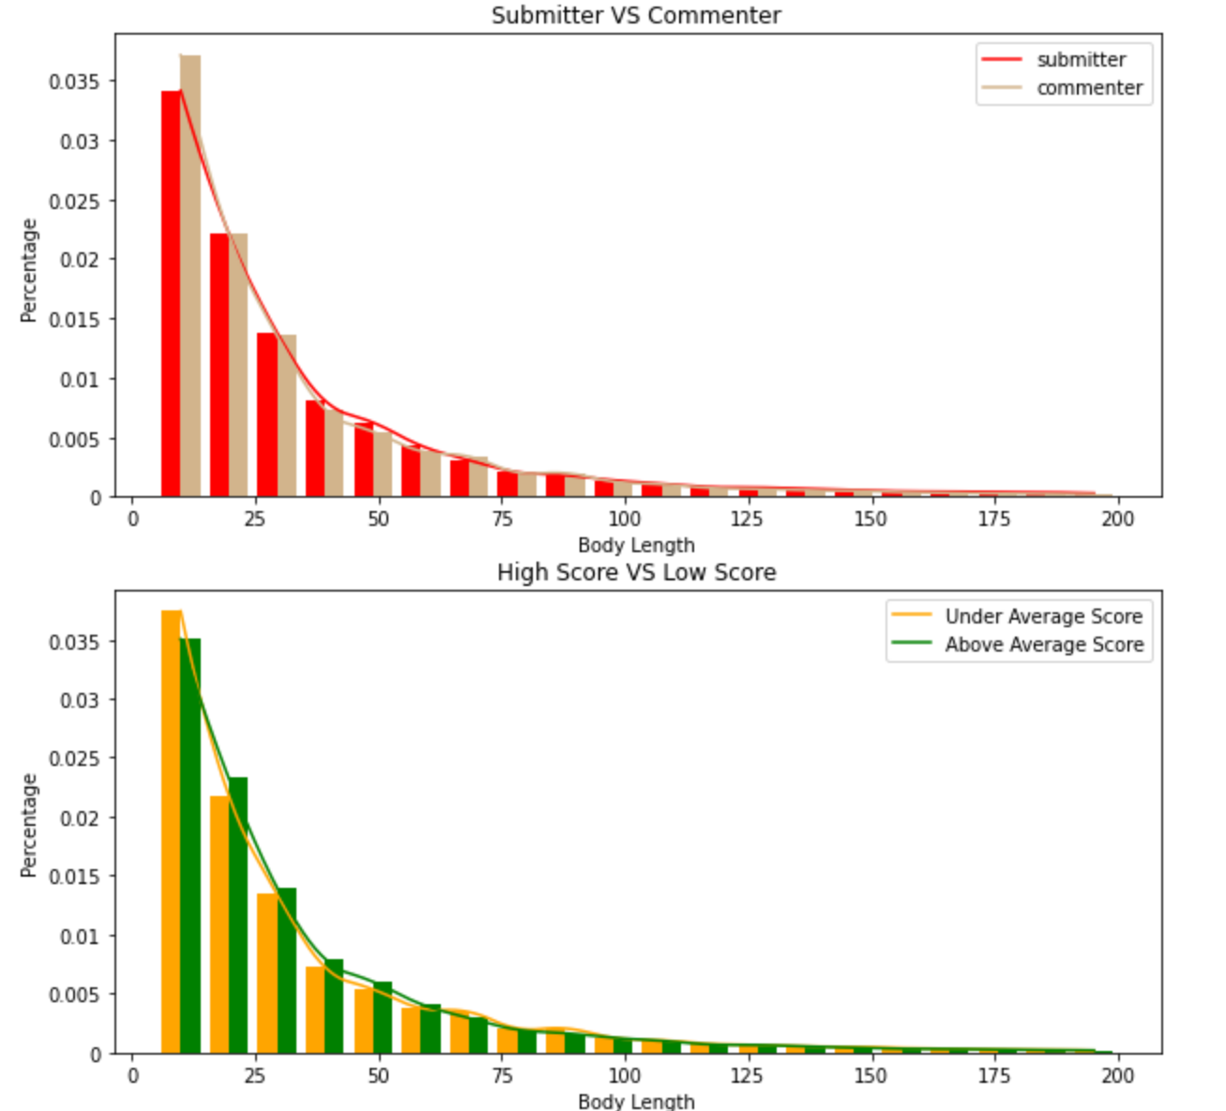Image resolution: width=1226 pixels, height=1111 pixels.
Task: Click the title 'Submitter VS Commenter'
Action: pos(636,15)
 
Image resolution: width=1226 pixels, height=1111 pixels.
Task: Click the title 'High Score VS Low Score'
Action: pos(636,572)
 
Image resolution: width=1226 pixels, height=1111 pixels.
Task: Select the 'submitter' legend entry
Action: pos(1081,60)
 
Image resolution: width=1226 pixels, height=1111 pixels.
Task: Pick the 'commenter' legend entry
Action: pos(1089,88)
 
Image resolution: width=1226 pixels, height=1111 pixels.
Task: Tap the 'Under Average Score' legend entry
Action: pos(1043,616)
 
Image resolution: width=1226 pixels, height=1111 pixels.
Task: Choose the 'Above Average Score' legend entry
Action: pos(1044,645)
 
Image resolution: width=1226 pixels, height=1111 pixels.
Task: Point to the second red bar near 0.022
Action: pos(219,366)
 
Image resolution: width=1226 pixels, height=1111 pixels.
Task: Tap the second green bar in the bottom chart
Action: pos(238,915)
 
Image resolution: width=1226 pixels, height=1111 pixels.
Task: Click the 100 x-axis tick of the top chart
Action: pos(624,518)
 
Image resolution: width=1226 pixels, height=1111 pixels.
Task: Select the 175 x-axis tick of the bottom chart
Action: pos(994,1075)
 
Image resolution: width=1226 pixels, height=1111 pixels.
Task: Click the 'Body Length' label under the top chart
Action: pos(636,545)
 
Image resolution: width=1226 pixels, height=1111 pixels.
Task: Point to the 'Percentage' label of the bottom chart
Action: pos(29,825)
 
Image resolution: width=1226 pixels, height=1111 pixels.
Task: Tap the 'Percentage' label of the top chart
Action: pos(29,270)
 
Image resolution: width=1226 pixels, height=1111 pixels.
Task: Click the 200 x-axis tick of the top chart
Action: pos(1117,518)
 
